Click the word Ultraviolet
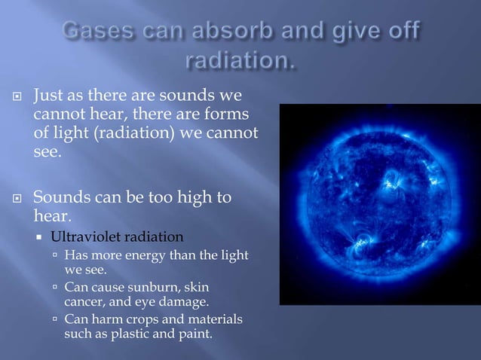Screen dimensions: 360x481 coord(82,237)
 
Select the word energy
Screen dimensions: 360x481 coord(150,255)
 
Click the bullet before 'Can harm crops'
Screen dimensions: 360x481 coord(56,320)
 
